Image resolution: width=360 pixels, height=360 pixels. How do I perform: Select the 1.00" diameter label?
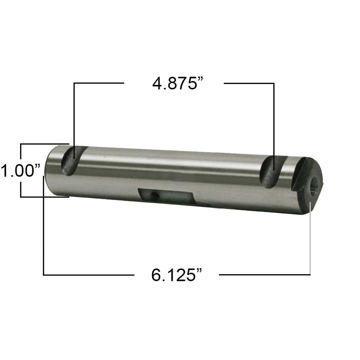21,171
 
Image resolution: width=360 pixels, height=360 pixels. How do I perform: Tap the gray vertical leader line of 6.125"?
310,239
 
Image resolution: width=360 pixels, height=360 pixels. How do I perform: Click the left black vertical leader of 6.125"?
44,229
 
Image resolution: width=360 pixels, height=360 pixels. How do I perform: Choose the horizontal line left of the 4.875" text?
99,83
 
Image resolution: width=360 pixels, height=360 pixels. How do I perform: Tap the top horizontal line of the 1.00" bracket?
44,144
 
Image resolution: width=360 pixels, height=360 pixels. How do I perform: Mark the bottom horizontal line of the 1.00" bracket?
44,197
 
